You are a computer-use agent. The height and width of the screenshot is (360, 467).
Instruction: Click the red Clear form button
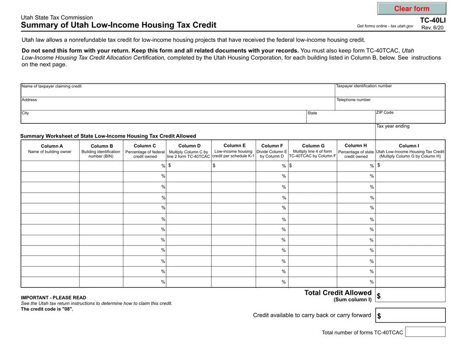coord(411,9)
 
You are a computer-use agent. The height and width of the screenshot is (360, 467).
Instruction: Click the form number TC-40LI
coord(431,20)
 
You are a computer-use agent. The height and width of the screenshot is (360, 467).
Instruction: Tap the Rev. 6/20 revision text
coord(433,28)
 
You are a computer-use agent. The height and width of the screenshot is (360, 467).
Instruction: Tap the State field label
coord(312,113)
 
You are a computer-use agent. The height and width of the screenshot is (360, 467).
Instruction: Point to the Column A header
coord(52,146)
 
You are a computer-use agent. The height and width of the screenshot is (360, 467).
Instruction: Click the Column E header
coord(234,145)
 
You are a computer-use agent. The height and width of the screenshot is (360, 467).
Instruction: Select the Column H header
coord(355,145)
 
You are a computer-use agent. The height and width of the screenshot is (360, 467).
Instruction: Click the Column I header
coord(410,146)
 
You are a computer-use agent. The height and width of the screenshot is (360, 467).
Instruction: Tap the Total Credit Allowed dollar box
coord(410,295)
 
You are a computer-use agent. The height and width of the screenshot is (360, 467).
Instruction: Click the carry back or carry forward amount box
coord(410,315)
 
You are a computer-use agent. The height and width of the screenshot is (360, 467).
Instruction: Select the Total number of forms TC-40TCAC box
coord(425,332)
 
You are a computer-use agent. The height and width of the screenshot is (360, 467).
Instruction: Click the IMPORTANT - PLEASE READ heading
coord(53,298)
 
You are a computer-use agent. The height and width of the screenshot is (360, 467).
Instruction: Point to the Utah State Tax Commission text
coord(57,17)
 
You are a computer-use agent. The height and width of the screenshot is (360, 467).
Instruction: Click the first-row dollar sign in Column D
coord(170,166)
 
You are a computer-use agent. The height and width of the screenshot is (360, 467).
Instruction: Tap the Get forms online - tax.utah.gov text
coord(385,26)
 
